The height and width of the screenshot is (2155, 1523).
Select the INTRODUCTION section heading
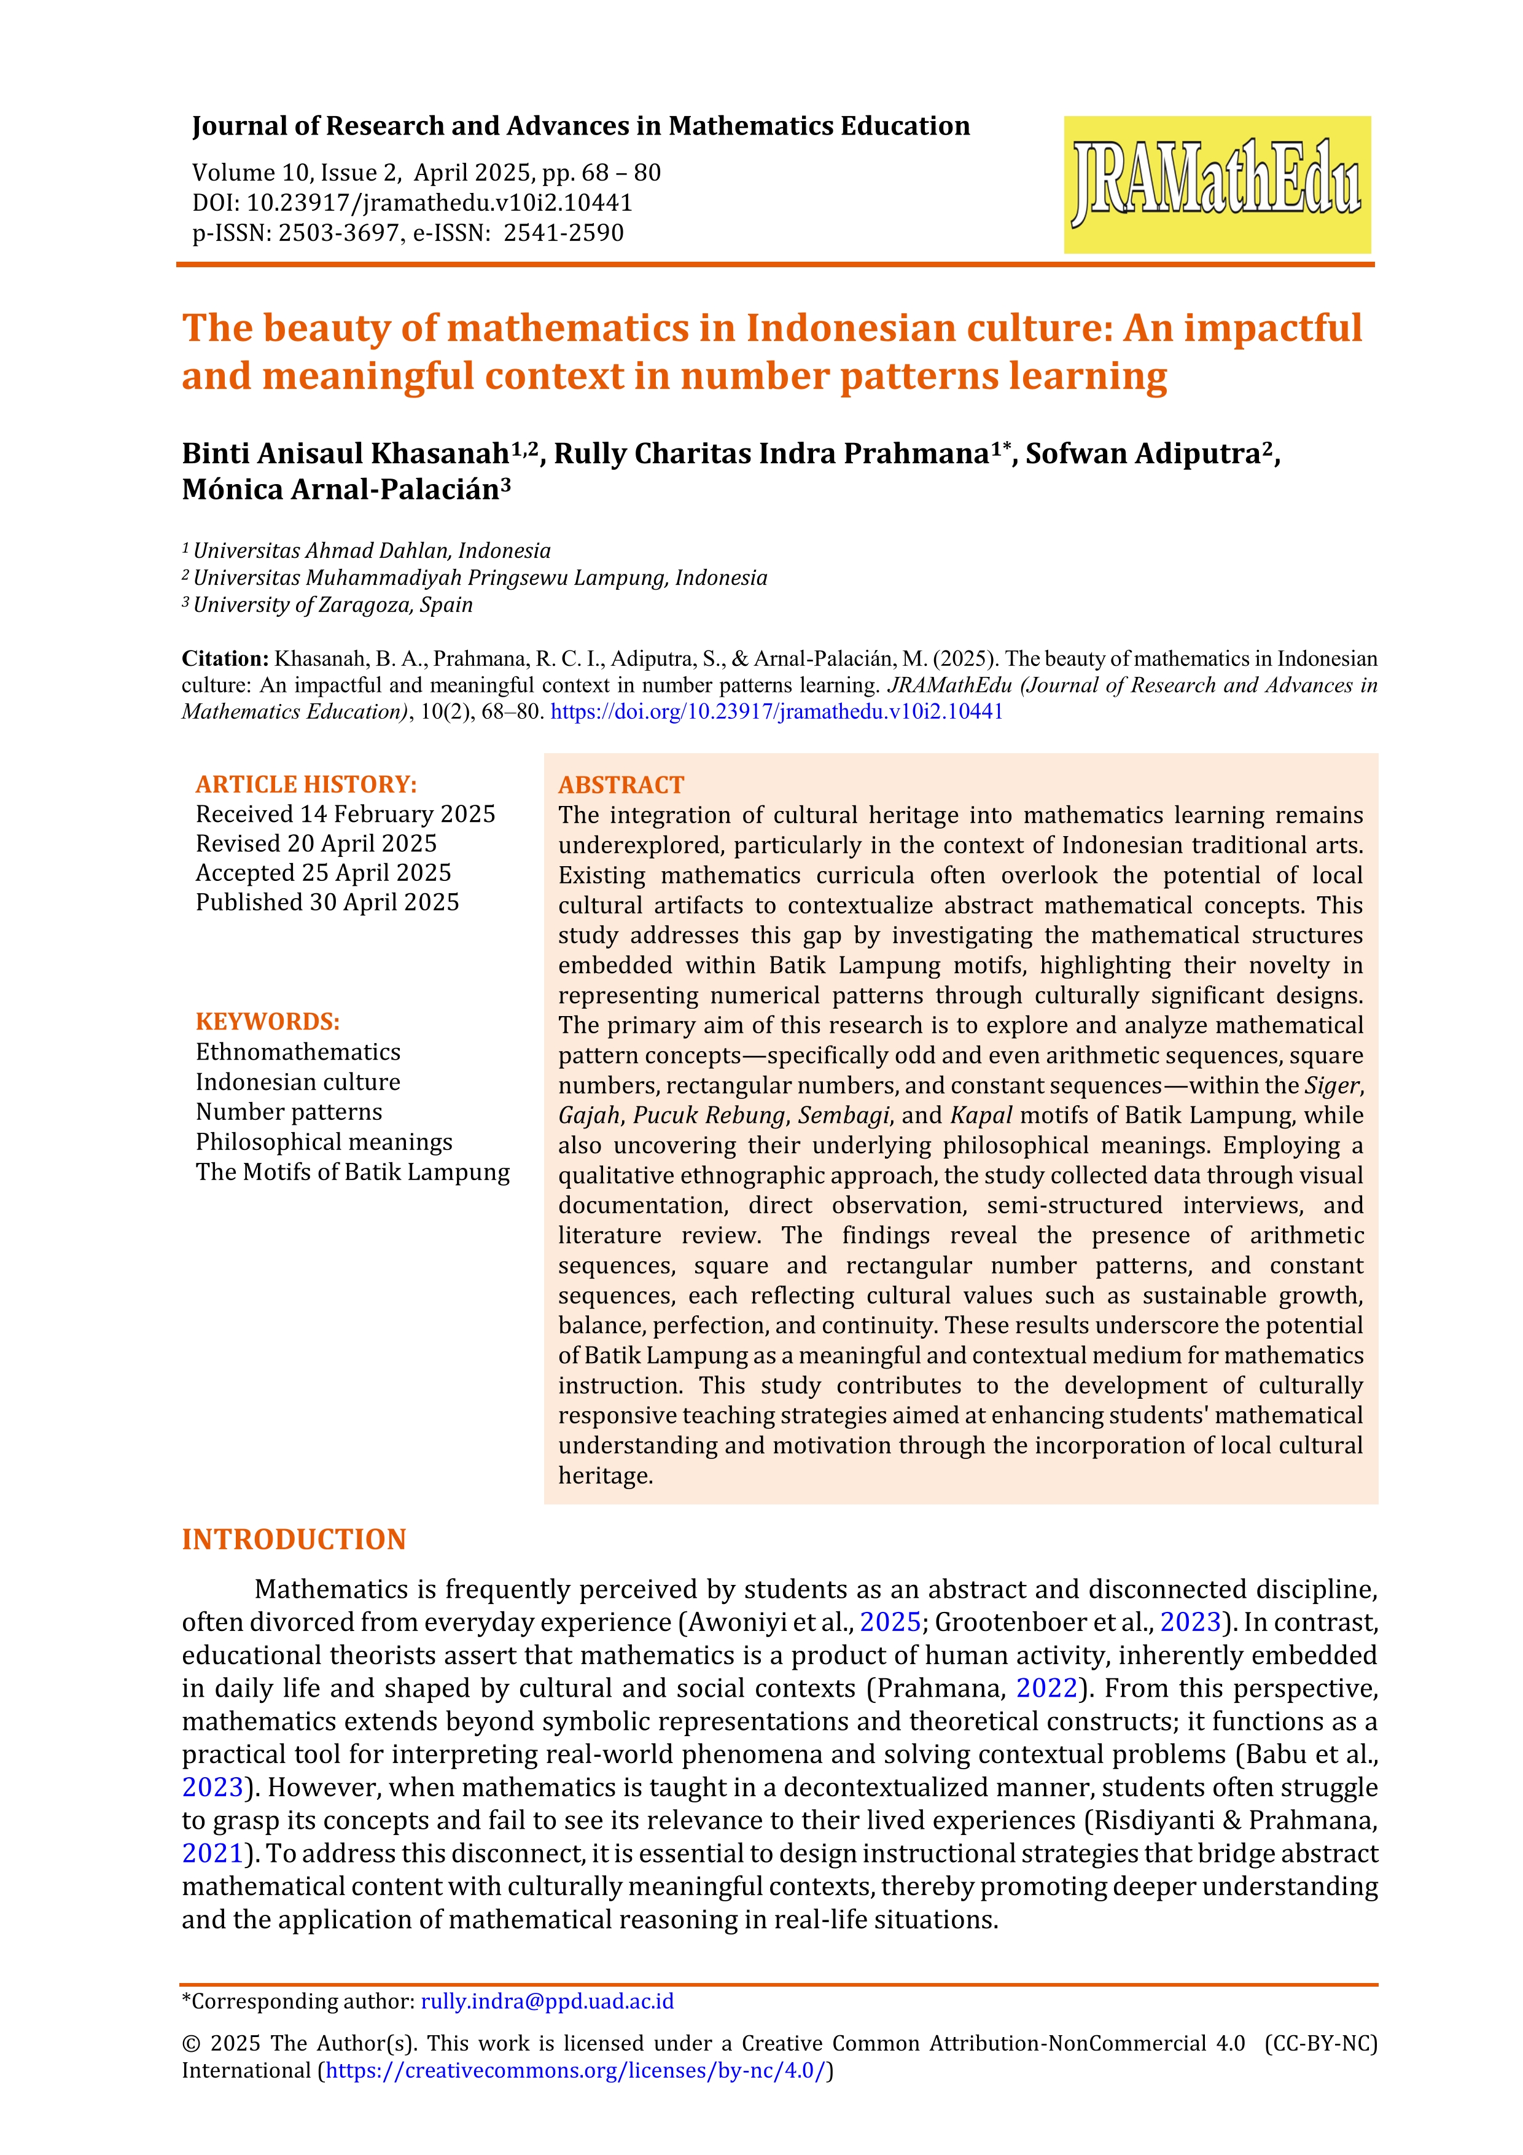click(294, 1540)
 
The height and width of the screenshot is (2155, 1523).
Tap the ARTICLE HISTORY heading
click(306, 784)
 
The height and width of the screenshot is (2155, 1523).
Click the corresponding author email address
click(547, 2001)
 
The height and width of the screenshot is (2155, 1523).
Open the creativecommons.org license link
click(576, 2070)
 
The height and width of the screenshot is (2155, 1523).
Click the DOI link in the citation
click(776, 711)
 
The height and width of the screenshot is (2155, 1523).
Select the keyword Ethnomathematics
click(297, 1052)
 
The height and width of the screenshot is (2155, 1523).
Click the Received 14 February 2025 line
click(345, 814)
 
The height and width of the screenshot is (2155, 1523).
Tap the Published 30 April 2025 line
click(327, 902)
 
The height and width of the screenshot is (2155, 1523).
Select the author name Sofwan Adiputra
click(1143, 454)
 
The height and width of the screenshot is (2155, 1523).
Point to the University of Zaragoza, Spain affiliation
click(333, 605)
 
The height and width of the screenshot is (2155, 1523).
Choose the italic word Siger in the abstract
click(1331, 1086)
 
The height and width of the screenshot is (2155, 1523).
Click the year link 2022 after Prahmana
click(1046, 1689)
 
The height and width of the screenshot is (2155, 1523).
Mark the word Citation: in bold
click(225, 659)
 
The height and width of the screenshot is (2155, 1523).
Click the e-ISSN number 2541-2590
click(563, 233)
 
